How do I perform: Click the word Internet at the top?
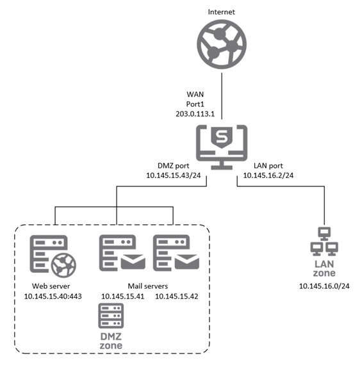pos(221,12)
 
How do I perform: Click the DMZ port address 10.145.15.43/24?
pos(174,175)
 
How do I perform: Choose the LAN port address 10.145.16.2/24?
pos(268,175)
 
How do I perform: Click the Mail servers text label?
pos(148,285)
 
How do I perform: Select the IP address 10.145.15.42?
pos(177,296)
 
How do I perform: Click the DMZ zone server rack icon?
pos(110,316)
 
